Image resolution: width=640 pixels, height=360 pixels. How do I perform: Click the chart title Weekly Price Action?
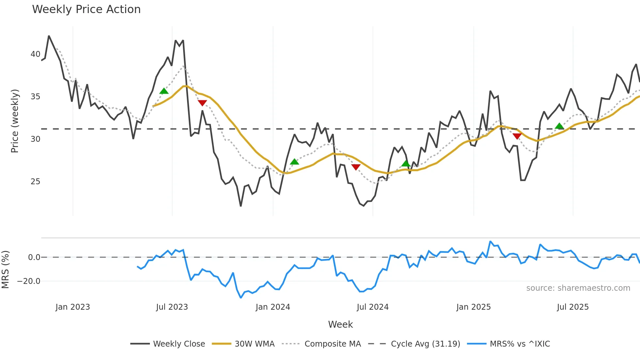click(x=86, y=9)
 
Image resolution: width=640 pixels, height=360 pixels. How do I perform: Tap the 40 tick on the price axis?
click(x=35, y=54)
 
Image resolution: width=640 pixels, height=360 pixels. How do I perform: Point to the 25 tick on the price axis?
click(x=35, y=182)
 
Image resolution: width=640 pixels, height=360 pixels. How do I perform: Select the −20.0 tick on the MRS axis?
click(x=29, y=281)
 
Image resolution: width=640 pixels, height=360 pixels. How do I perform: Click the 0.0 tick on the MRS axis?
click(x=34, y=257)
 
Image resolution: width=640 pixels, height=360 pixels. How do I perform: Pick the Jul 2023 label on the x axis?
click(x=172, y=307)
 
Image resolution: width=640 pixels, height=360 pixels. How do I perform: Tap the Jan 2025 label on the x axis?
click(x=473, y=307)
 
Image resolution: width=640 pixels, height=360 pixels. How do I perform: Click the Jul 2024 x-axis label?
click(x=373, y=307)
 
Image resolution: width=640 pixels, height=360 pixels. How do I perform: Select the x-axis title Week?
click(x=340, y=324)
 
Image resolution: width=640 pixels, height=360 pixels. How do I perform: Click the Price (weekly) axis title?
click(x=15, y=121)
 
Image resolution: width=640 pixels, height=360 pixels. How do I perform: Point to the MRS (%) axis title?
click(x=5, y=270)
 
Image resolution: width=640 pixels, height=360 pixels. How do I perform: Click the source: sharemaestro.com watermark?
click(x=578, y=288)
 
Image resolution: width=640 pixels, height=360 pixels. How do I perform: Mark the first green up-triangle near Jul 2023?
click(x=164, y=91)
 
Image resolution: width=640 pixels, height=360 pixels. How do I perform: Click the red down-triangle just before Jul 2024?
click(x=356, y=167)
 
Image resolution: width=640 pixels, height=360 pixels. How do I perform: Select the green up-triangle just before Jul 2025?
click(x=559, y=126)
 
